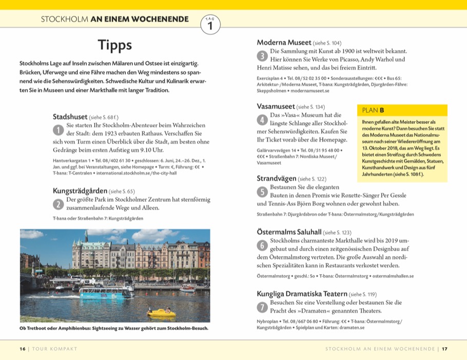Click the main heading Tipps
click(115, 45)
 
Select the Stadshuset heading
click(70, 117)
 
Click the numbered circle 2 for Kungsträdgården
click(59, 203)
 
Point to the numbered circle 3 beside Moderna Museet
click(262, 55)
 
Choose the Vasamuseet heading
click(276, 106)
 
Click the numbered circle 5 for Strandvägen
click(262, 192)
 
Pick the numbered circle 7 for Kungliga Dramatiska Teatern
click(262, 307)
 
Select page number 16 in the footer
click(23, 349)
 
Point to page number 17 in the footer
click(444, 349)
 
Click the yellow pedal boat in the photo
click(161, 312)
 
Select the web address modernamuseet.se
click(312, 90)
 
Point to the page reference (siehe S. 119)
click(362, 294)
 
